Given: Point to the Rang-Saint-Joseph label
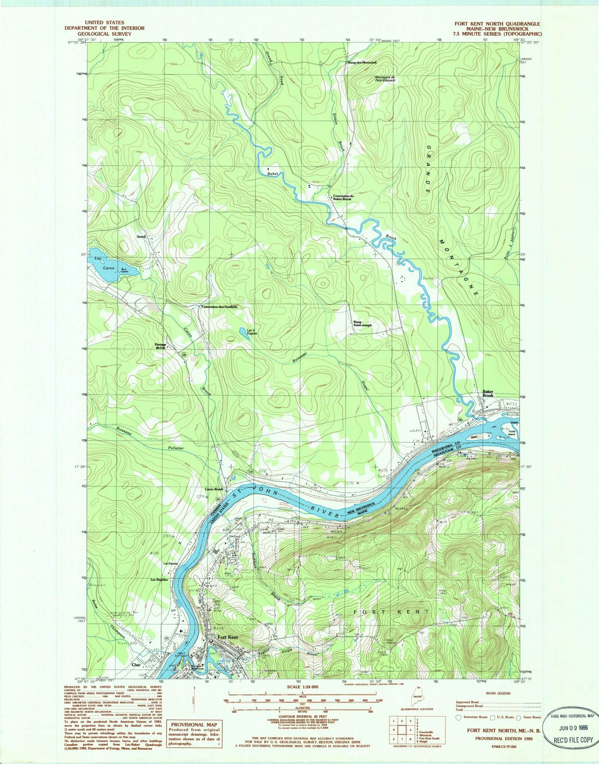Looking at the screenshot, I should point(362,323).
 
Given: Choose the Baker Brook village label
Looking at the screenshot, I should point(488,394).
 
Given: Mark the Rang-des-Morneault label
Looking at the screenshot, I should point(362,62).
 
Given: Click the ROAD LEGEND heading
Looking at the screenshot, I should point(498,693).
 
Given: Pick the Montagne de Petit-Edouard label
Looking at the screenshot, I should point(385,79).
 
